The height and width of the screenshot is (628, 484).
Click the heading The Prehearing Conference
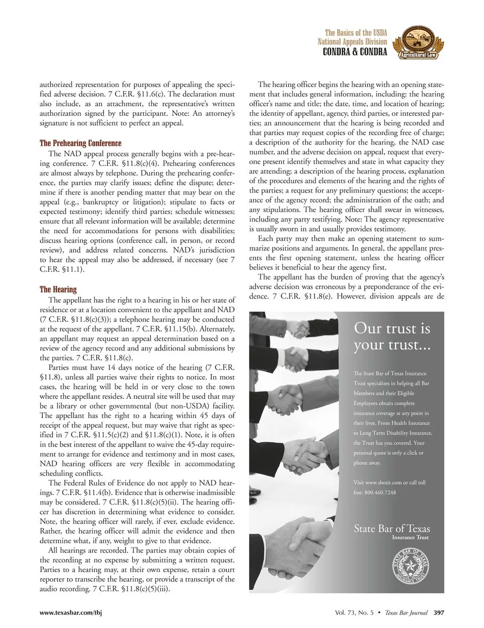coord(80,143)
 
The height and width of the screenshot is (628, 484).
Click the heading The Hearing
coord(58,289)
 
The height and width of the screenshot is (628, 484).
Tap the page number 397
coord(439,612)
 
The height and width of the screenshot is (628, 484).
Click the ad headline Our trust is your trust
coord(392,336)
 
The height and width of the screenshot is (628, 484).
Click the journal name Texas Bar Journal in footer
coord(406,612)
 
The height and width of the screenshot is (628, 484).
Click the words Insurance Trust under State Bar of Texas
coord(410,537)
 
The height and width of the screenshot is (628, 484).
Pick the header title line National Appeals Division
coord(352,42)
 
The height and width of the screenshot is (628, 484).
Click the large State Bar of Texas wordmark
coord(392,528)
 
